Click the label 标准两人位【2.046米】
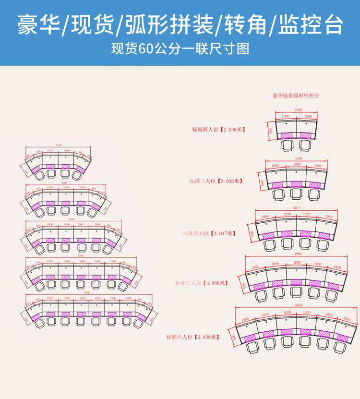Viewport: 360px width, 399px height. click(x=218, y=130)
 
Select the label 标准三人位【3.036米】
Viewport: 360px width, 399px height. click(x=216, y=181)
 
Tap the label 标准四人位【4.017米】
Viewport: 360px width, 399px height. click(x=209, y=233)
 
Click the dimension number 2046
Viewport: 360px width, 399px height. click(x=298, y=110)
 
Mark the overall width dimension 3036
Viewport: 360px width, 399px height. click(x=298, y=158)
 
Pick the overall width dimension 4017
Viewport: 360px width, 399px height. click(x=297, y=207)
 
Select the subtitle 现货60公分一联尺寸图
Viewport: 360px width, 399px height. click(x=180, y=49)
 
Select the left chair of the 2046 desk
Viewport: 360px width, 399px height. click(x=287, y=144)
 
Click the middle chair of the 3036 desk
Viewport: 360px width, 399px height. click(x=295, y=194)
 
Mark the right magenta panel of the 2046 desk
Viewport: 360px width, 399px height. click(x=306, y=135)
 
